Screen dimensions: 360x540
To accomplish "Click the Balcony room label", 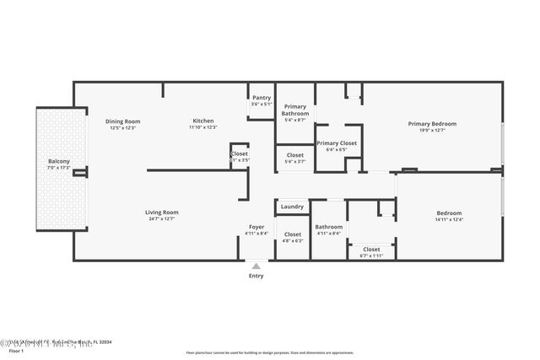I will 59,161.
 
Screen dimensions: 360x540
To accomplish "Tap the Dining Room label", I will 122,121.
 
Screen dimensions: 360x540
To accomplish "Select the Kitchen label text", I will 202,121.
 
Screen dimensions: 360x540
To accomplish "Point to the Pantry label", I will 262,98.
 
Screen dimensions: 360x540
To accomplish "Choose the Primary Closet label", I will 337,143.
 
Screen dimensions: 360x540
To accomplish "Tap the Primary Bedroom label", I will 432,124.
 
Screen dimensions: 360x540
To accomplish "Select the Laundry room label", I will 293,207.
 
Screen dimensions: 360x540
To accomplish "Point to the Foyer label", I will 256,227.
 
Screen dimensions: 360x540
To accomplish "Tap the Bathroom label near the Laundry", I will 329,227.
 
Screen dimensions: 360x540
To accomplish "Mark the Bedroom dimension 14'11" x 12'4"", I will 449,220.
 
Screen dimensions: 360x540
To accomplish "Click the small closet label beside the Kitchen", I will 240,155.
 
